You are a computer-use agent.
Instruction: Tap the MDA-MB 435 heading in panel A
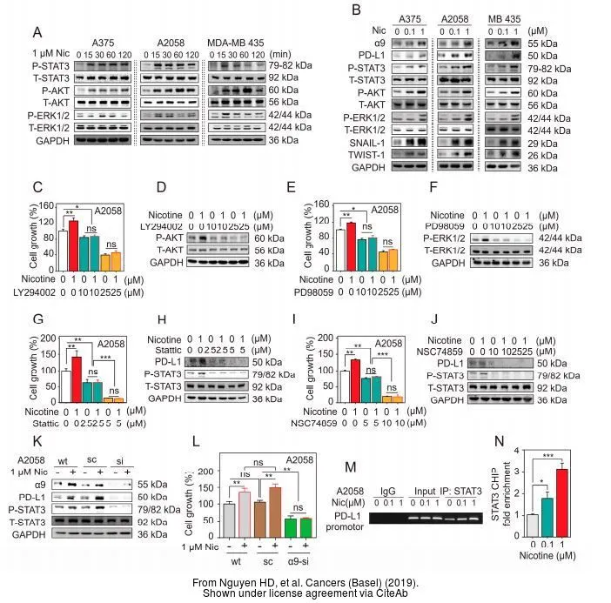[248, 40]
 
